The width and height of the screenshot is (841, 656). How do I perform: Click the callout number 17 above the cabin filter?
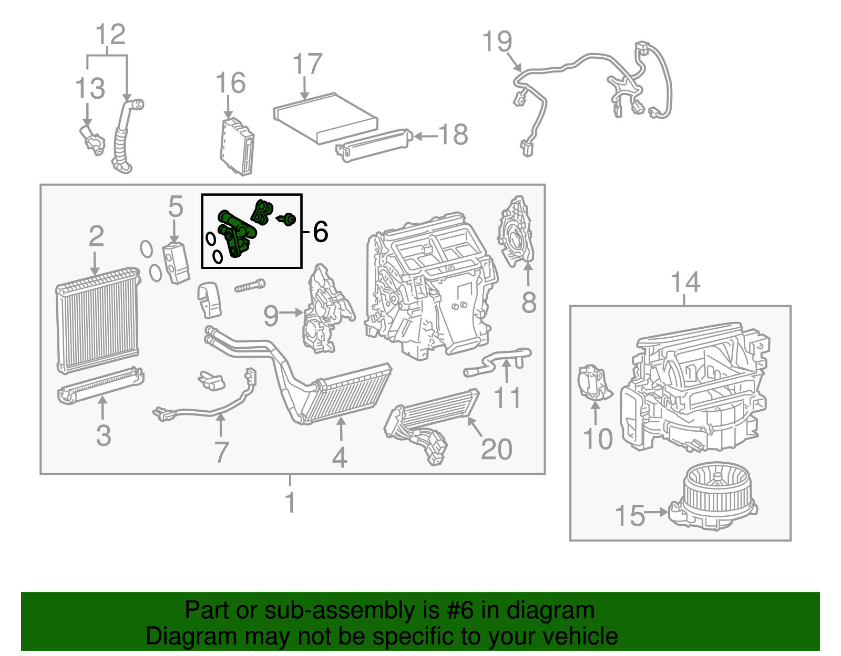(x=307, y=65)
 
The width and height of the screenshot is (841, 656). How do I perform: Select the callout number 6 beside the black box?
(x=320, y=232)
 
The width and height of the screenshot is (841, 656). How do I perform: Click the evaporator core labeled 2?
(x=97, y=320)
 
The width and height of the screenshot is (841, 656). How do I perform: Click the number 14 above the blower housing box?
(x=685, y=283)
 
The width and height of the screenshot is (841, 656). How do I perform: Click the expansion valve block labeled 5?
(x=176, y=263)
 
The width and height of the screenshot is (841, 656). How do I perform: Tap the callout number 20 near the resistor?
(x=496, y=450)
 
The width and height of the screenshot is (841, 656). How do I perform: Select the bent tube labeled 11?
(x=497, y=360)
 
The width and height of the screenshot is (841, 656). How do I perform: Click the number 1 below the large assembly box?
(x=290, y=502)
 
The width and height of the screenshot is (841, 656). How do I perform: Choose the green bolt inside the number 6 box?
(x=288, y=219)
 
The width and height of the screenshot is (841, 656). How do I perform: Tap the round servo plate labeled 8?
(x=515, y=231)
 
